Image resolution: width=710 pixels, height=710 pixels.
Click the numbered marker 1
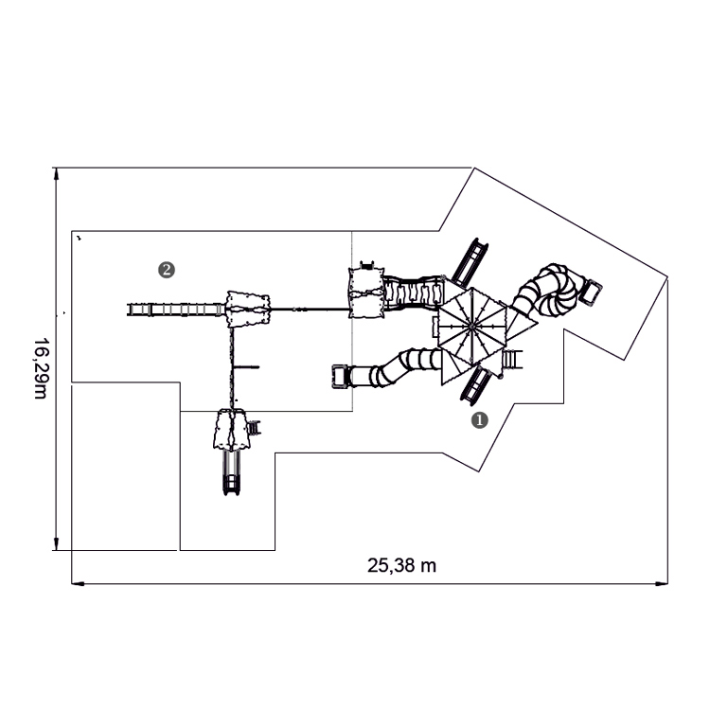pos(480,420)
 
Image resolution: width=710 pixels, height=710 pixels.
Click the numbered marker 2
pos(167,270)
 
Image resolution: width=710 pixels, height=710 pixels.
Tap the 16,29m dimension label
pos(41,368)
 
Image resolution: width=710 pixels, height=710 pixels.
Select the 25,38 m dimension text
pos(401,565)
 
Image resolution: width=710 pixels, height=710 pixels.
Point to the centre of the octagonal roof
pos(471,325)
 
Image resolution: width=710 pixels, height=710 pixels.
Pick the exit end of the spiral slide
pos(592,292)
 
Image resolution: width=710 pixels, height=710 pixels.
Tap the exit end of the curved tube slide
pos(340,377)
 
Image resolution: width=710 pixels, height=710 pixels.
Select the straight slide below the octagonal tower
pos(474,385)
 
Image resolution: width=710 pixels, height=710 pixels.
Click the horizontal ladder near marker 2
pos(176,310)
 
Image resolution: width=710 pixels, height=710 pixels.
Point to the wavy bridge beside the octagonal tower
pos(414,293)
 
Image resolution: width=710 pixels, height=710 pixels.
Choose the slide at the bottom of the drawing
pos(231,473)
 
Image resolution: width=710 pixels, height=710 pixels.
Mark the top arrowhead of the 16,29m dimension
pos(56,173)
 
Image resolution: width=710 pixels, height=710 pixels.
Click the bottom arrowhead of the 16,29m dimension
pos(56,544)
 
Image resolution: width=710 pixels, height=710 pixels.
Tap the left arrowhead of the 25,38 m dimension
pos(78,584)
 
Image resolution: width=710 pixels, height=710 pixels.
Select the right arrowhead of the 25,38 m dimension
pos(662,584)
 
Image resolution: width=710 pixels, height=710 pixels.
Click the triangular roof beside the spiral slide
pos(520,324)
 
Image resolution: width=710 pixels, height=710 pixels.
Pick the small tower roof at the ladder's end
pos(248,310)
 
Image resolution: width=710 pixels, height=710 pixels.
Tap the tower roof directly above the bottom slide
pos(231,430)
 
